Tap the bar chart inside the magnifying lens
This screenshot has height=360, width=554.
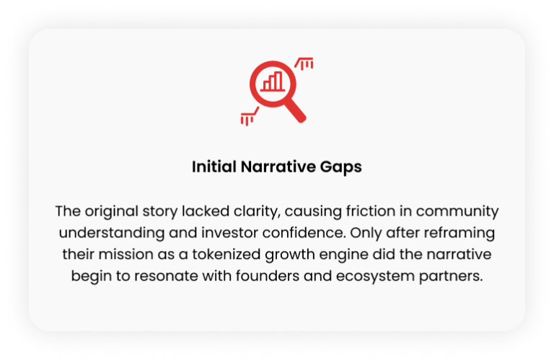point(273,82)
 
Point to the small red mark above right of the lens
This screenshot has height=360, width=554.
point(304,63)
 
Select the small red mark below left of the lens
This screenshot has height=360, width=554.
point(250,117)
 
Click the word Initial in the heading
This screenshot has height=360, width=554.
point(214,167)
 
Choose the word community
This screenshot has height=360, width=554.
point(457,211)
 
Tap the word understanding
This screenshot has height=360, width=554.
point(112,233)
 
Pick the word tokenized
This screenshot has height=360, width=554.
point(227,254)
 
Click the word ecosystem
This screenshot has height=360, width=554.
point(375,276)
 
